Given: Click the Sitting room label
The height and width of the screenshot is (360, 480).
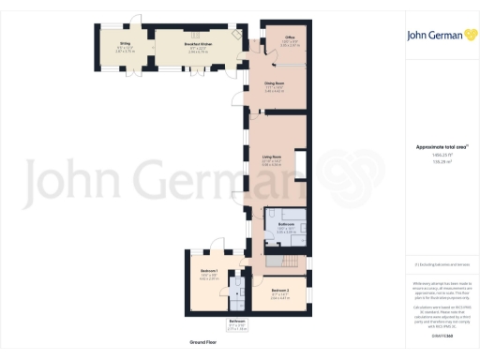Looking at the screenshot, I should (125, 43).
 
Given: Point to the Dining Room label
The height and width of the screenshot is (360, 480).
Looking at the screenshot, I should (274, 83).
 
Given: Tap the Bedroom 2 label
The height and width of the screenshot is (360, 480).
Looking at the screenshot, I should (280, 290).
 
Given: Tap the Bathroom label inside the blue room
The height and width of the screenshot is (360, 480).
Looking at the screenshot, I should (287, 225).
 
